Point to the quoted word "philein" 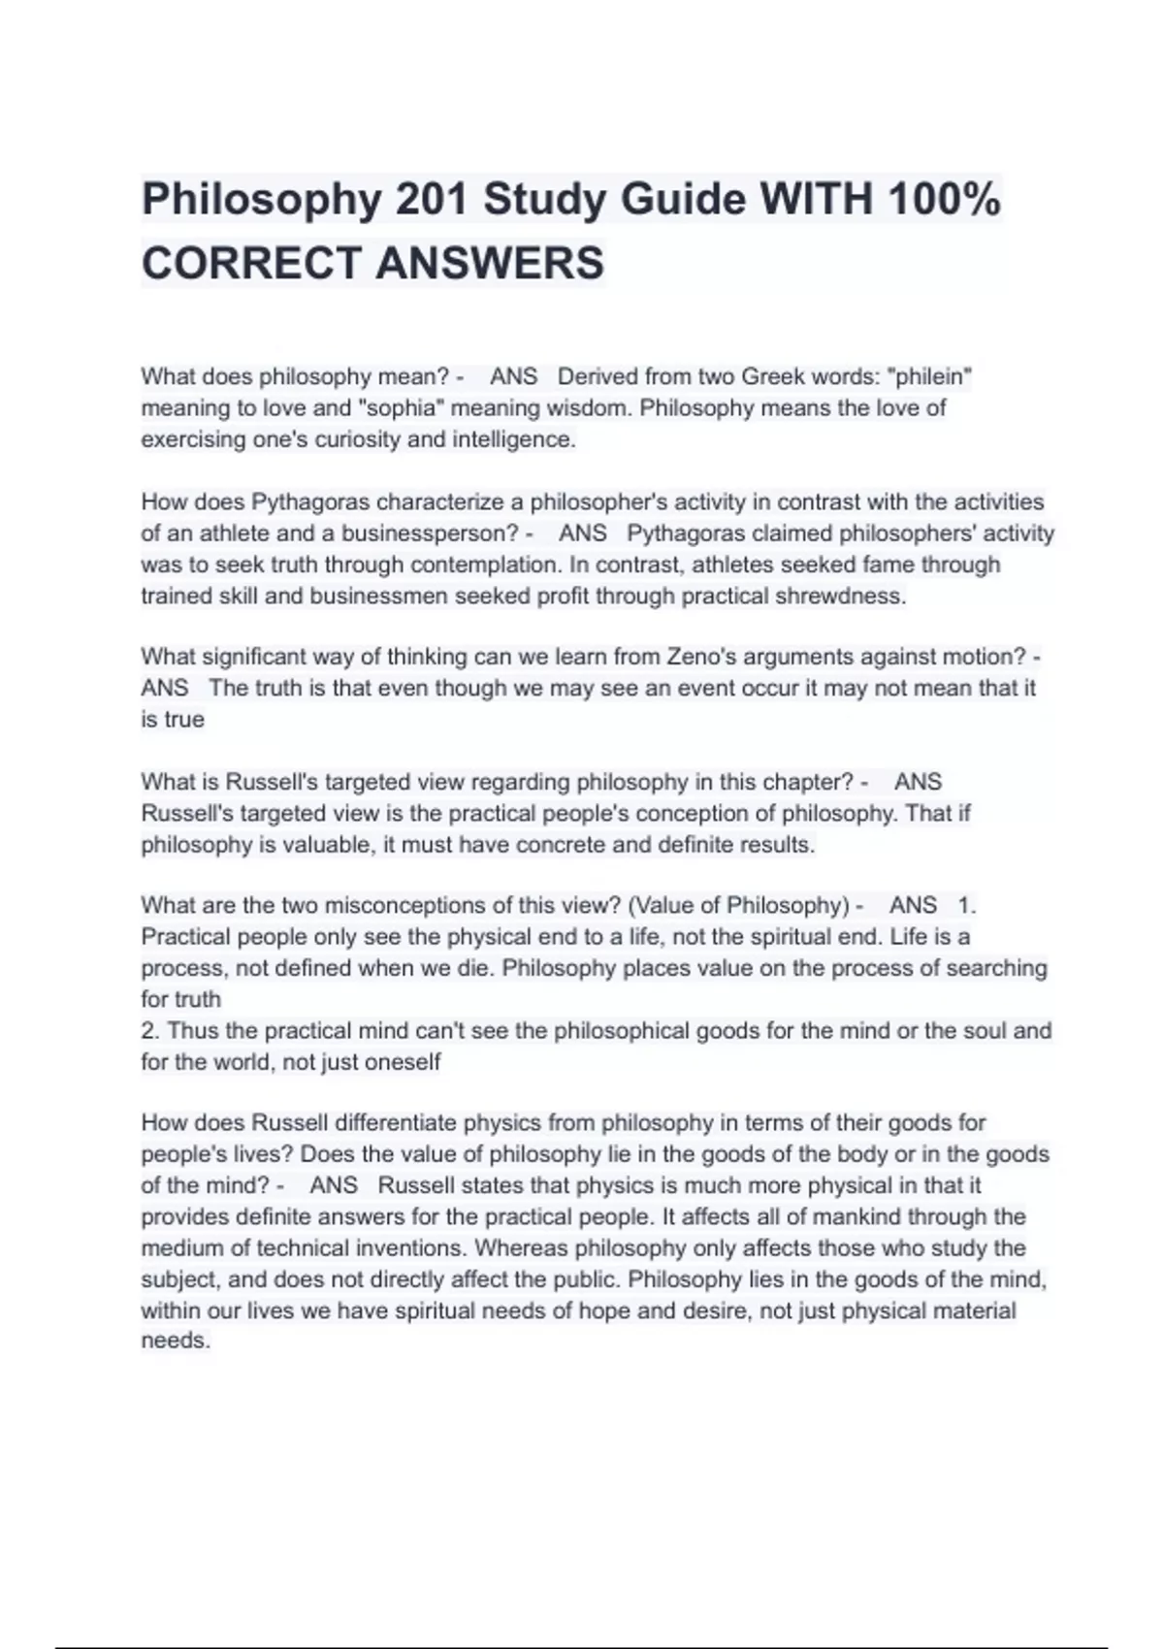pos(930,376)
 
